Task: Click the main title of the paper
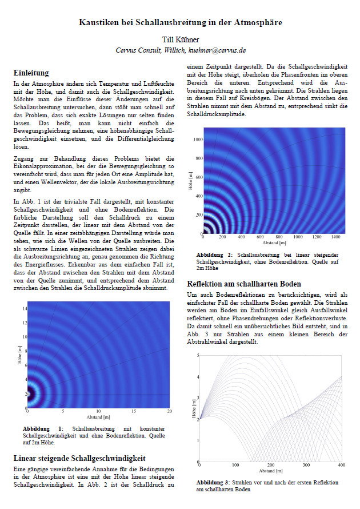(x=180, y=22)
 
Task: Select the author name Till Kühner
(x=180, y=40)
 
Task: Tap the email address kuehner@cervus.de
(x=217, y=50)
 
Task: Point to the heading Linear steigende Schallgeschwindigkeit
(x=79, y=458)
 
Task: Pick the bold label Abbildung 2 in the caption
(x=214, y=253)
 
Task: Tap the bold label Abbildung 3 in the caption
(x=214, y=483)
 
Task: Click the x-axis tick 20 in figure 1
(x=169, y=411)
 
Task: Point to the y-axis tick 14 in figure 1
(x=24, y=308)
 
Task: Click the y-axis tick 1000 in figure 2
(x=198, y=139)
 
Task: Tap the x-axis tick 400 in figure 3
(x=342, y=466)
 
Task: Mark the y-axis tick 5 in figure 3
(x=198, y=355)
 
